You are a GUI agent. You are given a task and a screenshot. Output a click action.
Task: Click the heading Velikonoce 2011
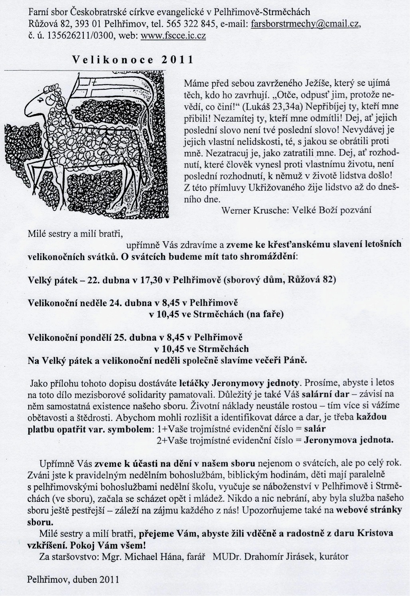click(x=133, y=60)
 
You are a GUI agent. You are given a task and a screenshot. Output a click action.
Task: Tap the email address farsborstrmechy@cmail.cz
click(x=306, y=25)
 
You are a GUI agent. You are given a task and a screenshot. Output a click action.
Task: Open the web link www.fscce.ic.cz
click(x=174, y=36)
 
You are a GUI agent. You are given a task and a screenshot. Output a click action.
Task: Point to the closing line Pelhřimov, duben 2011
click(x=73, y=579)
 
